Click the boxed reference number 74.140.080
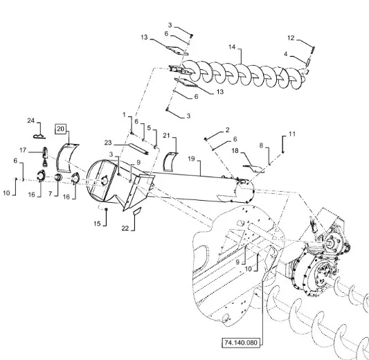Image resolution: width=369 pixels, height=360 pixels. point(241,343)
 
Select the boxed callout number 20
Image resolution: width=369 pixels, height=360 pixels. point(60,129)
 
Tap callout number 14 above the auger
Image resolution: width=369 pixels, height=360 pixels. point(232,47)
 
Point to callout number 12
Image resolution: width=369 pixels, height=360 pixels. point(291,38)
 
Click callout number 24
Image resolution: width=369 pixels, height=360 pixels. point(31,120)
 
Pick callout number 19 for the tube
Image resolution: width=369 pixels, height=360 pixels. point(191,159)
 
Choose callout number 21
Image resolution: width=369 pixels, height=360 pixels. point(166,136)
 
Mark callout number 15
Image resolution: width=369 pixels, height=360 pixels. point(97,224)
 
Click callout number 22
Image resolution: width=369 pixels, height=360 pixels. point(125,228)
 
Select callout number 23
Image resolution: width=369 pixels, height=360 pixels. point(108,143)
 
